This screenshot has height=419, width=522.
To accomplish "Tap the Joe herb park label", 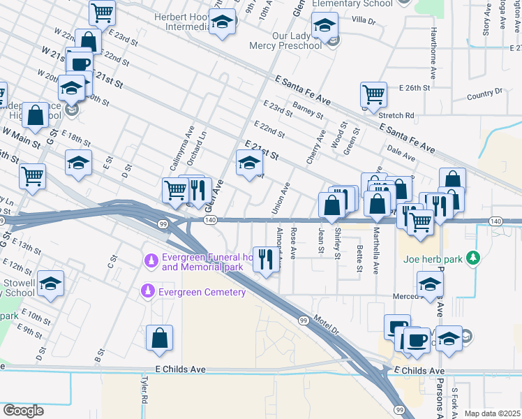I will point(433,259).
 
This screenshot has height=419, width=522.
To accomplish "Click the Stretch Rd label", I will point(396,115).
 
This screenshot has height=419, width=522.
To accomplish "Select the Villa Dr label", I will point(364,22).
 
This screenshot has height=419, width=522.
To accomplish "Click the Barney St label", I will point(308,109).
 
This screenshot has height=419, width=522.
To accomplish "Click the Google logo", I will point(23,410).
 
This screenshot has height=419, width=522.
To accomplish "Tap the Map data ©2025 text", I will point(492,413).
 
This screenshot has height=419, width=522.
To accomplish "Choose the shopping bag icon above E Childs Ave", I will point(160,337).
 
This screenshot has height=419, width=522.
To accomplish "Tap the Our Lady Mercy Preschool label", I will point(286,41).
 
